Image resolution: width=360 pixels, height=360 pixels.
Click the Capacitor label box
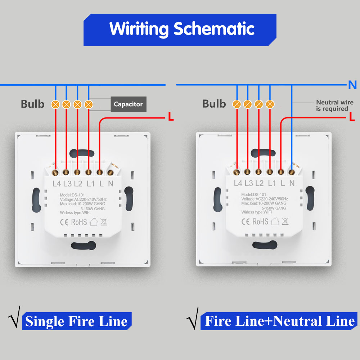pyautogui.click(x=128, y=104)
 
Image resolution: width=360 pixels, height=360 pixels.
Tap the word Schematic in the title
pyautogui.click(x=214, y=28)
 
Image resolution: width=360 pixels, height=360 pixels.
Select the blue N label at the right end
pyautogui.click(x=352, y=85)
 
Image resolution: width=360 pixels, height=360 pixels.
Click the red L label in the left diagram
pyautogui.click(x=171, y=117)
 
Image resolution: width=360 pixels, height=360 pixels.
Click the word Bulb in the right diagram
pyautogui.click(x=214, y=104)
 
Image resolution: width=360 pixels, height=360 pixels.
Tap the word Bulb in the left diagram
pyautogui.click(x=32, y=104)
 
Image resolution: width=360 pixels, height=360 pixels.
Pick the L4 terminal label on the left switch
pyautogui.click(x=57, y=184)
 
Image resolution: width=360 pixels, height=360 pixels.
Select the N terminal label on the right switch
pyautogui.click(x=292, y=183)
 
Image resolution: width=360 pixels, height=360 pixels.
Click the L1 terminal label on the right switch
pyautogui.click(x=272, y=183)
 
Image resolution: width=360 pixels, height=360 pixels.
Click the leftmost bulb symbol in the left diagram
pyautogui.click(x=55, y=104)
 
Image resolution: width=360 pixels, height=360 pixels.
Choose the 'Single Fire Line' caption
pyautogui.click(x=76, y=321)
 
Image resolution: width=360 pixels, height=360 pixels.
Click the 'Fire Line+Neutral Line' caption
pyautogui.click(x=279, y=321)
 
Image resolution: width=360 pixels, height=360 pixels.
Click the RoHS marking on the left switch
pyautogui.click(x=79, y=221)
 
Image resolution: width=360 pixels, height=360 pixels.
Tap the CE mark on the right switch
pyautogui.click(x=245, y=221)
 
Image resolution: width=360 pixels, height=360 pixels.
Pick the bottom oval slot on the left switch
pyautogui.click(x=84, y=246)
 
